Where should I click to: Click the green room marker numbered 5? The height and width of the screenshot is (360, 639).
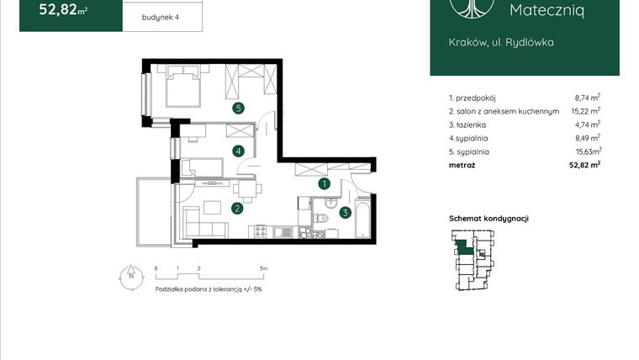pyautogui.click(x=239, y=108)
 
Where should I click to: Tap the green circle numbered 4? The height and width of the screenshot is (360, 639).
pyautogui.click(x=239, y=151)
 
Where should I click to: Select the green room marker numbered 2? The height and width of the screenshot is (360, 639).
pyautogui.click(x=238, y=209)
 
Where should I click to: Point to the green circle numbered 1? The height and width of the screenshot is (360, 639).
pyautogui.click(x=324, y=183)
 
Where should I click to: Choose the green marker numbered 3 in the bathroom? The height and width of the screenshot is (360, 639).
pyautogui.click(x=345, y=213)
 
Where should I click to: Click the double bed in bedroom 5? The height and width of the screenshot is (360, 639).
pyautogui.click(x=182, y=86)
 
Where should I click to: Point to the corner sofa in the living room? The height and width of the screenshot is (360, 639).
pyautogui.click(x=202, y=220)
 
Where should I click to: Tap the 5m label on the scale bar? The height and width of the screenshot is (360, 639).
pyautogui.click(x=263, y=268)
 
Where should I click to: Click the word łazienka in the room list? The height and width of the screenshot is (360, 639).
pyautogui.click(x=470, y=124)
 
